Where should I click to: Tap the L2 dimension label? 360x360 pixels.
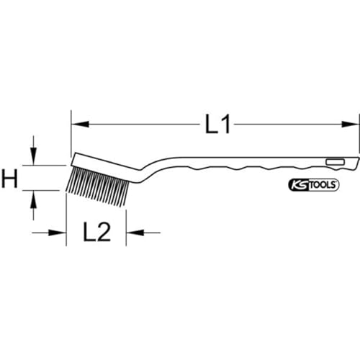(96, 232)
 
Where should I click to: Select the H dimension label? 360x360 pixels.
(9, 178)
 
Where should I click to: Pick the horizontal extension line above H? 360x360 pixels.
(50, 165)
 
